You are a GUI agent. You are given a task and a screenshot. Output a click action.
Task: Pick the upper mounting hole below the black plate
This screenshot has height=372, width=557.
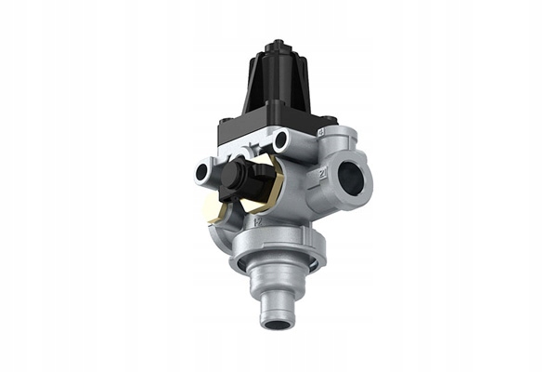pyautogui.click(x=281, y=141)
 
